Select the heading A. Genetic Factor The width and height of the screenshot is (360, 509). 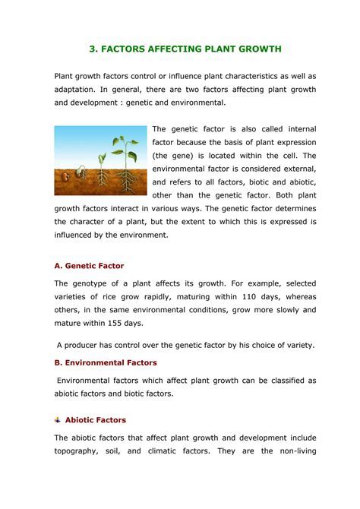click(x=90, y=266)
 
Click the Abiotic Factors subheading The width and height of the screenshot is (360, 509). click(x=96, y=419)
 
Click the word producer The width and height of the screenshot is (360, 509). click(x=81, y=344)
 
